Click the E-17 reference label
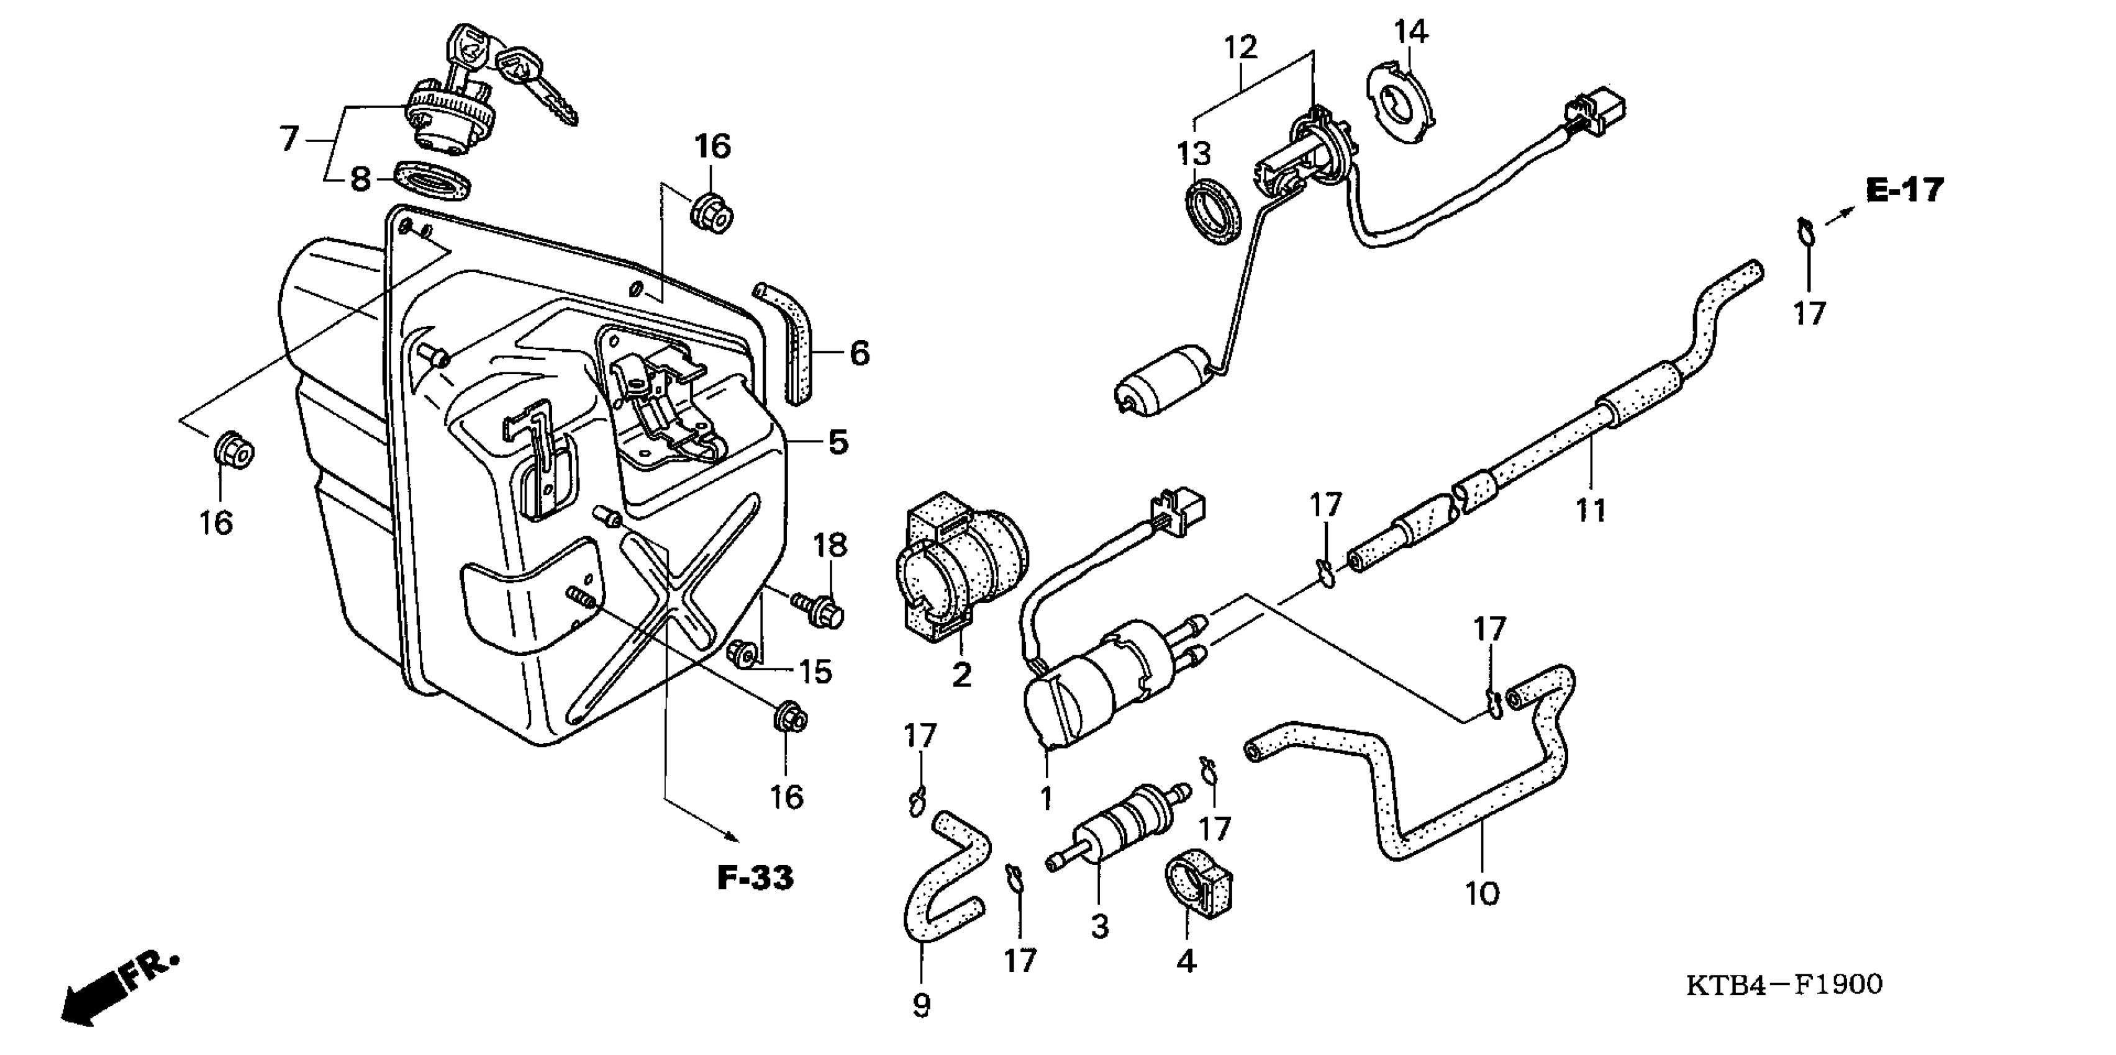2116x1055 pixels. click(x=1905, y=191)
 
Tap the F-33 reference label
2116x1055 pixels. click(x=755, y=878)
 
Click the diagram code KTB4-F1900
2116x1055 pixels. click(x=1784, y=984)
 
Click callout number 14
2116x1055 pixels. click(x=1411, y=32)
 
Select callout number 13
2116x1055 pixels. click(x=1194, y=153)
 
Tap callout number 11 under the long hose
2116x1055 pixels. click(x=1591, y=510)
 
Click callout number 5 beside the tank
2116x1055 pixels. click(x=837, y=442)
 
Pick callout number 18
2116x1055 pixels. click(x=830, y=545)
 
